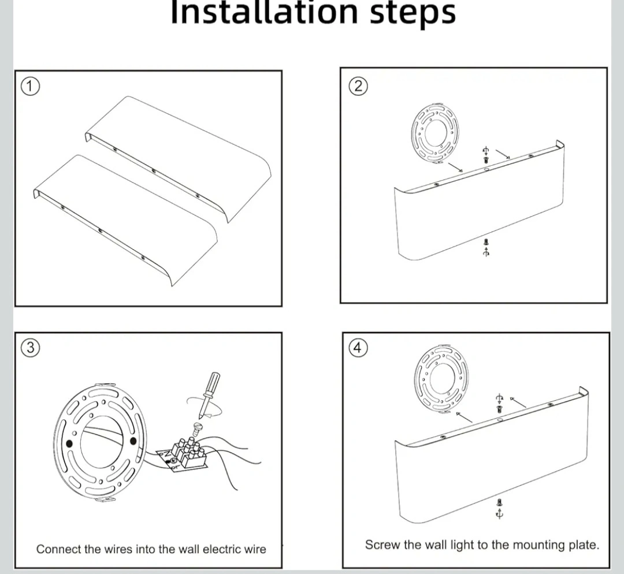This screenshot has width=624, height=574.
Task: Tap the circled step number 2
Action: [358, 87]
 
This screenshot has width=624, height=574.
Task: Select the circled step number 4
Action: [358, 347]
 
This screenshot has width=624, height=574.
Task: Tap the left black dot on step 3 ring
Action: [70, 443]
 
